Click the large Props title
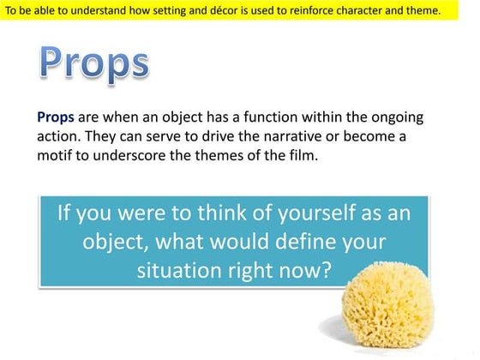click(94, 63)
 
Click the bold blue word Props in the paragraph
click(56, 117)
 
